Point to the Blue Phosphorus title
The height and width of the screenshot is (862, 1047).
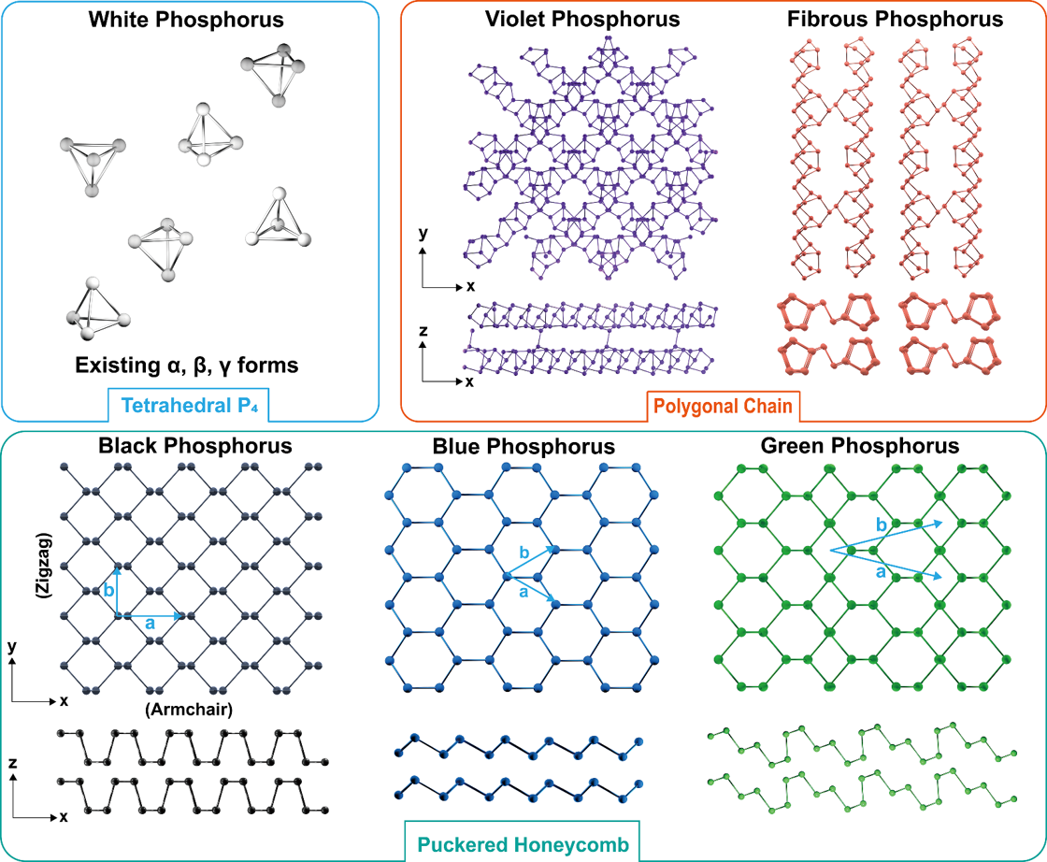pyautogui.click(x=523, y=446)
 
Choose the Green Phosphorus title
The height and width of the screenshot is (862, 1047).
pyautogui.click(x=860, y=446)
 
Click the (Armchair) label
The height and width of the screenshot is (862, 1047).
pyautogui.click(x=188, y=709)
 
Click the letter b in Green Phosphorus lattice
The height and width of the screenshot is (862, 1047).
pyautogui.click(x=881, y=525)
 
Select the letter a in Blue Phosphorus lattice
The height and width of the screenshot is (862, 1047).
pyautogui.click(x=523, y=592)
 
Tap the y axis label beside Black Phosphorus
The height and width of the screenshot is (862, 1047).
pyautogui.click(x=11, y=646)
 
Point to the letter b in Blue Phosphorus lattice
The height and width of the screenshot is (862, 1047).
pyautogui.click(x=523, y=554)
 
